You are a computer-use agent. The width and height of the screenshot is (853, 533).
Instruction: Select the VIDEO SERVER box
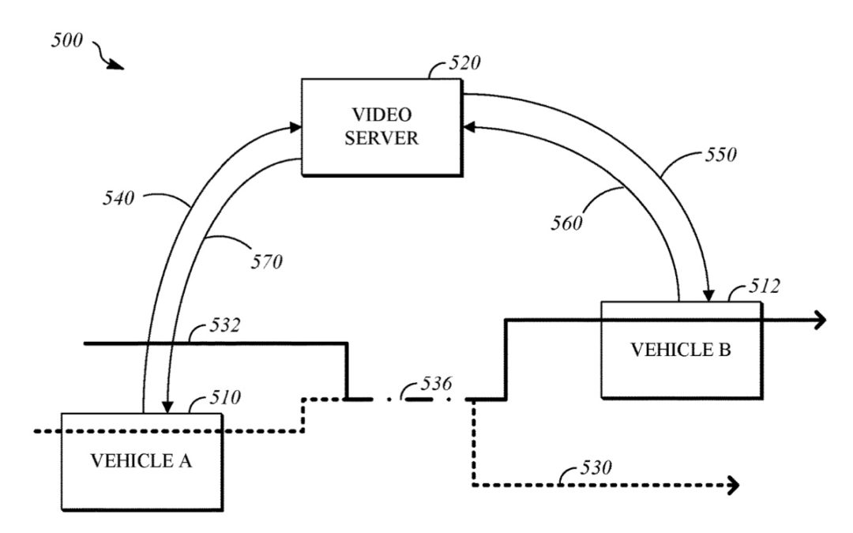tap(381, 127)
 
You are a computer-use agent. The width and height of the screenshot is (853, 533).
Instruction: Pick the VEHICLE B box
tap(681, 350)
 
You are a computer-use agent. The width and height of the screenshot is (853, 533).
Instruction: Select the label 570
tap(266, 261)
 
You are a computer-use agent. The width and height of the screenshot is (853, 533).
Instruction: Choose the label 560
tap(566, 223)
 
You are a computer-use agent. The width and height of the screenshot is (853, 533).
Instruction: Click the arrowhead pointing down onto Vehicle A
tap(167, 407)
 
